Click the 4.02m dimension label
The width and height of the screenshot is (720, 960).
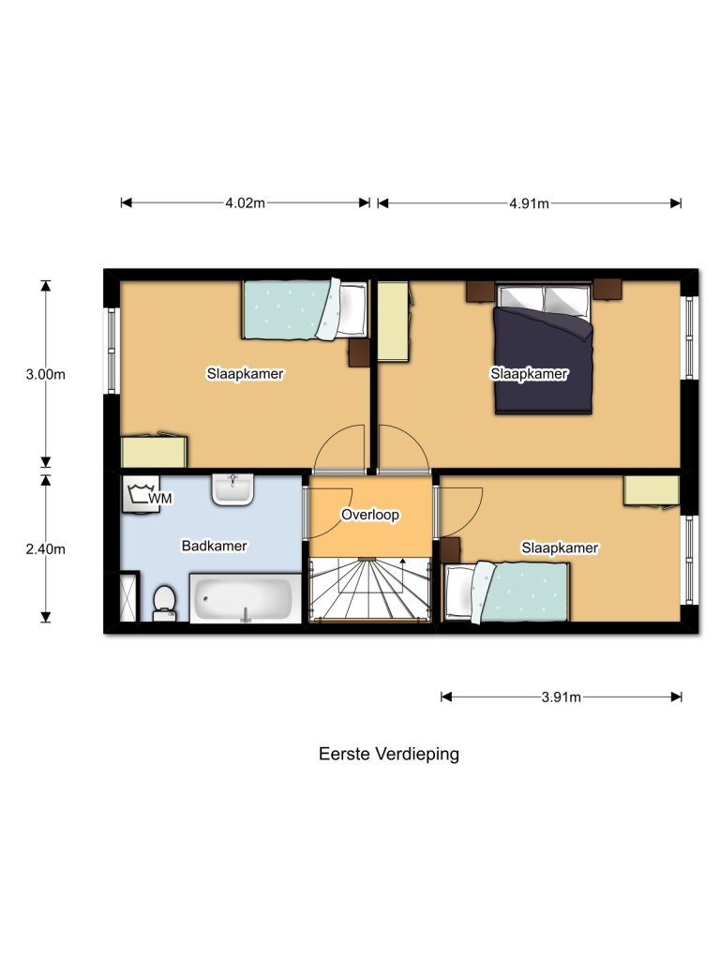click(245, 203)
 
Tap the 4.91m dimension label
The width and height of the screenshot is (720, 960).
click(529, 203)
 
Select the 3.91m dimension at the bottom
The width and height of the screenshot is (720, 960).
click(561, 697)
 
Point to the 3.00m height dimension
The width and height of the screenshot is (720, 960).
click(45, 374)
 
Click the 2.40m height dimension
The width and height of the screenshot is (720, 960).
click(45, 548)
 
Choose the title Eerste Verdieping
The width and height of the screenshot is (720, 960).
click(388, 754)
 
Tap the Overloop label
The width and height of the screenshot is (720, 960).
click(370, 515)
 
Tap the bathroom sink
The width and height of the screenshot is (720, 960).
click(232, 488)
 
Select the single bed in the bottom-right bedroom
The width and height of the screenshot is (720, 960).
click(507, 592)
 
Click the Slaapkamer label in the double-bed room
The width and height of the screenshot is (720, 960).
click(529, 374)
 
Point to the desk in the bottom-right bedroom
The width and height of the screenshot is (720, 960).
click(652, 490)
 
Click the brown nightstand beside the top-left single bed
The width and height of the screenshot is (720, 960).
click(359, 352)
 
